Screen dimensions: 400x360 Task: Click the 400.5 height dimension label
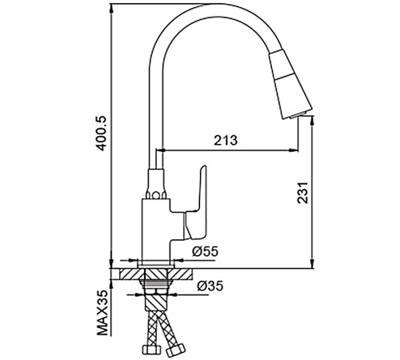click(x=102, y=134)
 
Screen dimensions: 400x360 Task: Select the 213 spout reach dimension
click(x=226, y=140)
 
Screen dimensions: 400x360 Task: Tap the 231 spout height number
click(x=302, y=193)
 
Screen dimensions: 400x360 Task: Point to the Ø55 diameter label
click(x=205, y=251)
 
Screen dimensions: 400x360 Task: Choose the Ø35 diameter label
click(x=210, y=286)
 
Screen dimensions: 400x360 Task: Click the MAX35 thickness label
click(x=102, y=313)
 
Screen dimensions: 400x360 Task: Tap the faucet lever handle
click(x=196, y=202)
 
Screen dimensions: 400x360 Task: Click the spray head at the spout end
click(x=290, y=84)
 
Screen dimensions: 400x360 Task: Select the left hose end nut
click(x=151, y=349)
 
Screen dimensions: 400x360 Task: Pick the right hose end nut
click(x=175, y=350)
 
